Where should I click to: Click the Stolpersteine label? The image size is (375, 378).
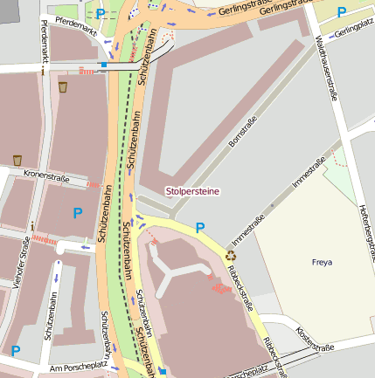click(x=193, y=190)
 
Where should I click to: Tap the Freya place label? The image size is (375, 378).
click(x=322, y=261)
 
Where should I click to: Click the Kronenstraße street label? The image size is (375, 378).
click(x=45, y=175)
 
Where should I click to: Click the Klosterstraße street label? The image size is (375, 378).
click(x=315, y=340)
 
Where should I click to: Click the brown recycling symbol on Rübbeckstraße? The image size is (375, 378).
click(x=231, y=256)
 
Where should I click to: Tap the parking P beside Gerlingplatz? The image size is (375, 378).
click(x=341, y=12)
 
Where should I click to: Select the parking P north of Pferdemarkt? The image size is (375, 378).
click(x=101, y=13)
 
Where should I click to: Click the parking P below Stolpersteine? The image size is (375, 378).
click(x=200, y=228)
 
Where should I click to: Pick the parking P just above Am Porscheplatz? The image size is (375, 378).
click(x=15, y=351)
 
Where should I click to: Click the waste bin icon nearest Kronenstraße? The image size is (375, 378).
click(x=17, y=160)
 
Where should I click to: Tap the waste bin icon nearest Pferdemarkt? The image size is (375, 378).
click(x=63, y=86)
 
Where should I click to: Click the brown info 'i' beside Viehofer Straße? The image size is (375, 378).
click(x=32, y=226)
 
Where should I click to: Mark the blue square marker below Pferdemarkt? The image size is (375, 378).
click(x=104, y=64)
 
